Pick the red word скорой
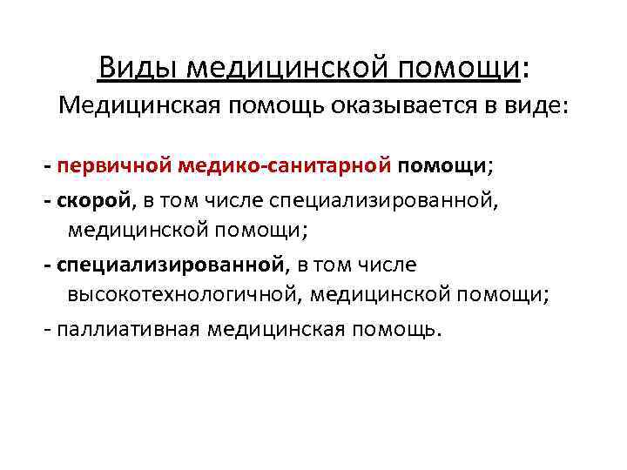point(93,202)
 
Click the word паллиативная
point(127,331)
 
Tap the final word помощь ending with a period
point(399,331)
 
